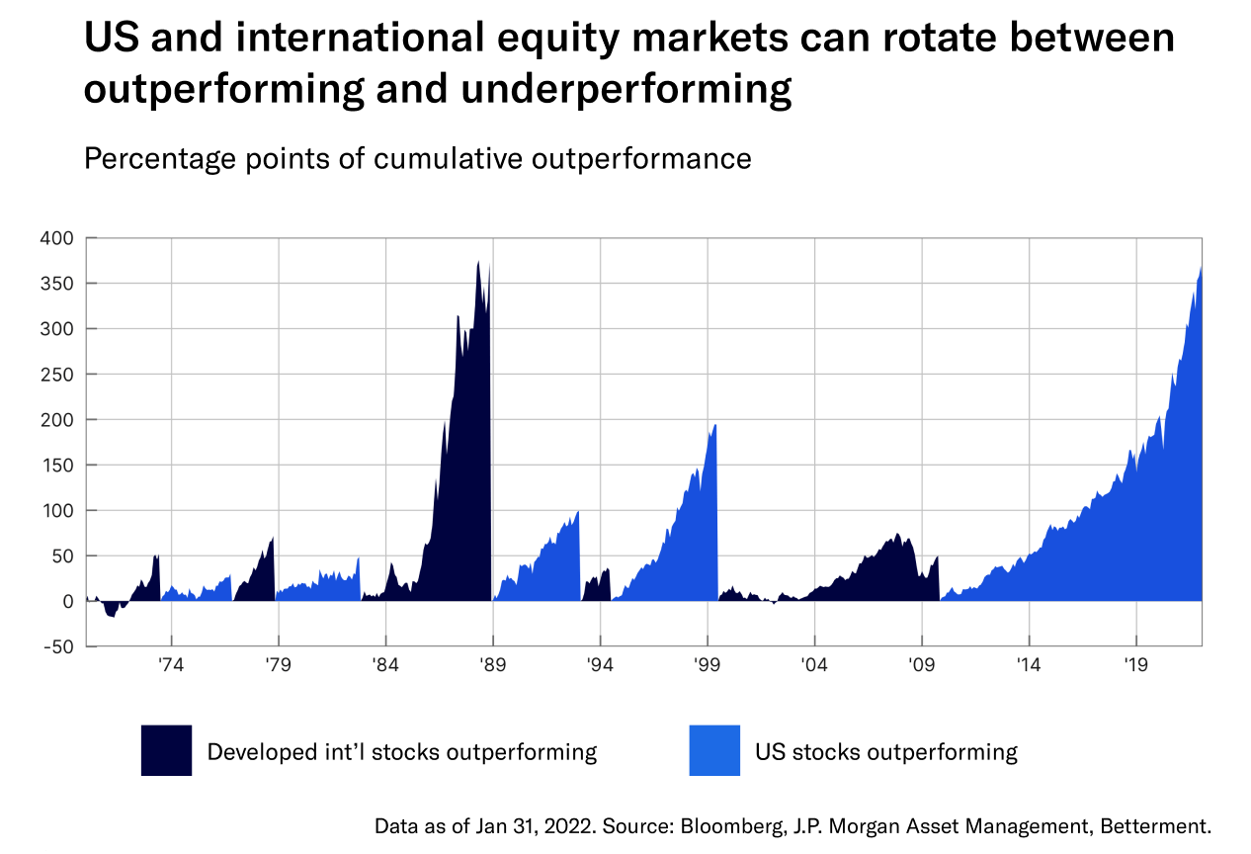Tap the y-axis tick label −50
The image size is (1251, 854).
click(x=55, y=646)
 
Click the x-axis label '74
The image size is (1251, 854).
click(x=171, y=665)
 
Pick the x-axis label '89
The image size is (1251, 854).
click(x=492, y=665)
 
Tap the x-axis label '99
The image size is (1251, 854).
click(x=707, y=665)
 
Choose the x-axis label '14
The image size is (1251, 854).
click(x=1029, y=665)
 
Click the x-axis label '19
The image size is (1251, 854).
click(x=1135, y=665)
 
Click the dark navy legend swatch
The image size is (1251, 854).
click(x=166, y=750)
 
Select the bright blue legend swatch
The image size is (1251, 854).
click(x=714, y=750)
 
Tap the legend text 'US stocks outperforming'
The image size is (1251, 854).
click(x=885, y=751)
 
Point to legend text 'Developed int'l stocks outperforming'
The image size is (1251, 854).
click(x=401, y=751)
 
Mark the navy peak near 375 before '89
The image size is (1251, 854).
click(x=478, y=262)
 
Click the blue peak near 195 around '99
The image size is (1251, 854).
click(x=714, y=425)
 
